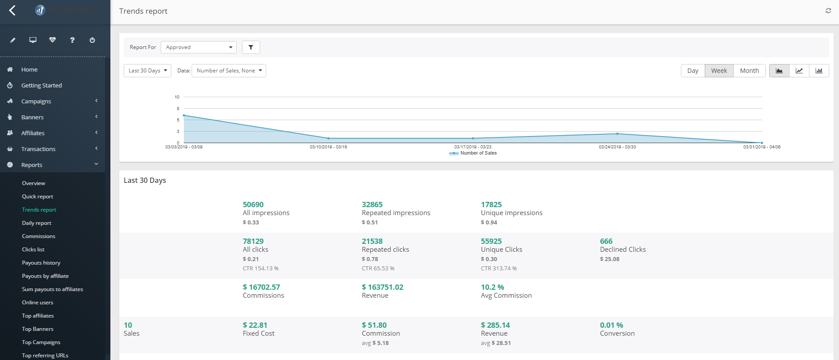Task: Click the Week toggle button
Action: [x=719, y=71]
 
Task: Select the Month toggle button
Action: [x=749, y=71]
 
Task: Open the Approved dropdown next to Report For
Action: [x=199, y=47]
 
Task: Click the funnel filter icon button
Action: [x=251, y=47]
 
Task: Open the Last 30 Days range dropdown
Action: [x=147, y=71]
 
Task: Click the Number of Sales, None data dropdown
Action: [x=229, y=71]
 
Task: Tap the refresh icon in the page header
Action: [x=828, y=11]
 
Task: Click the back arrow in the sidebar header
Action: [x=12, y=10]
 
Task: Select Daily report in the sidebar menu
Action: [x=37, y=223]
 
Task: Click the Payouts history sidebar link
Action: [x=41, y=263]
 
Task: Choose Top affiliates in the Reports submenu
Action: [x=38, y=316]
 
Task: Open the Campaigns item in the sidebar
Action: [x=36, y=101]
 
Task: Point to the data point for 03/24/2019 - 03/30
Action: [x=617, y=133]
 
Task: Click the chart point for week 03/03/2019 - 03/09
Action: [x=184, y=115]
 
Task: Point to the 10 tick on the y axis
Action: [x=177, y=97]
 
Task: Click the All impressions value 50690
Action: [x=253, y=205]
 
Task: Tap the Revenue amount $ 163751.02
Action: [x=382, y=287]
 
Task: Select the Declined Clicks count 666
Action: [x=606, y=241]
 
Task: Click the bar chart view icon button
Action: [x=819, y=71]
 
